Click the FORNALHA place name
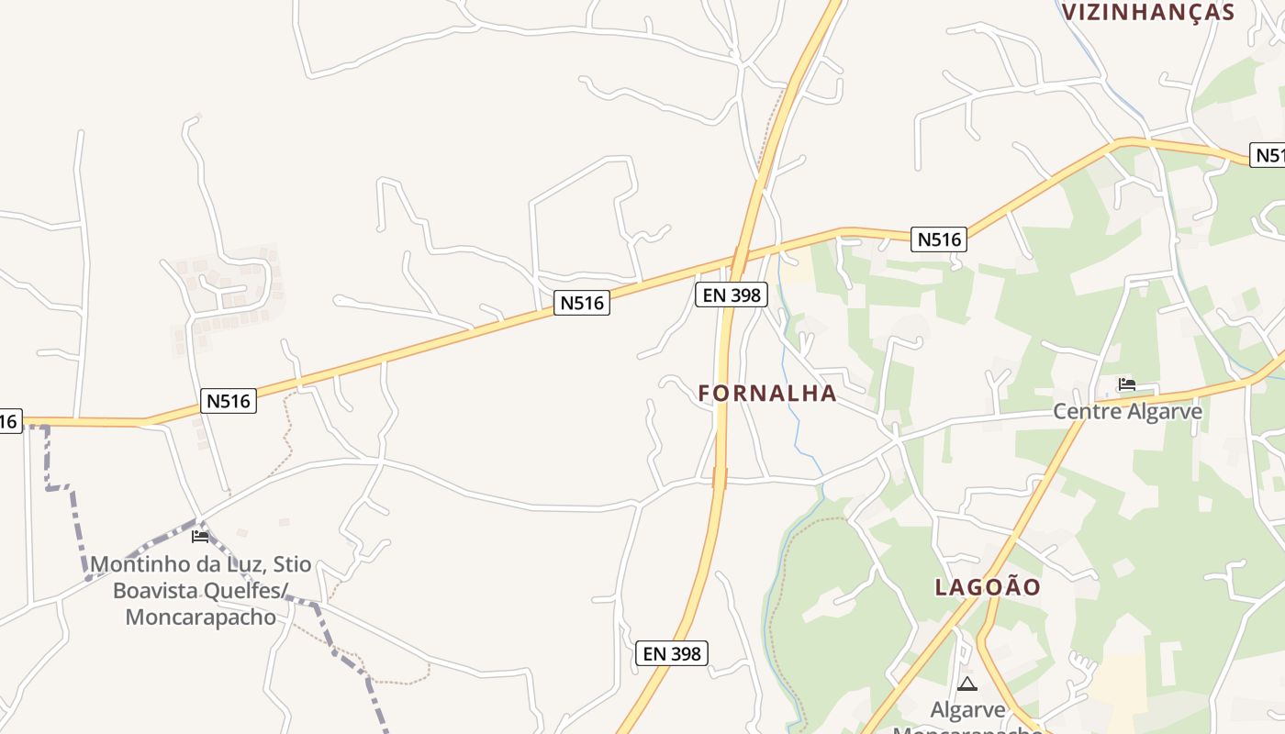(767, 394)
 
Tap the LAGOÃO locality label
(988, 587)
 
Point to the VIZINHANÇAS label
(1147, 12)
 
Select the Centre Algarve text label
(1127, 411)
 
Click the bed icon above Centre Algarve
(1126, 384)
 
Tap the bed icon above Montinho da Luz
(200, 537)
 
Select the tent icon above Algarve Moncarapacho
(967, 684)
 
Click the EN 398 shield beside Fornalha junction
(731, 295)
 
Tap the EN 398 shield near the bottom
(672, 653)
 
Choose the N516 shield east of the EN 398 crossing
(939, 239)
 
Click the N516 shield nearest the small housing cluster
(229, 401)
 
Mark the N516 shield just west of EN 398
(582, 303)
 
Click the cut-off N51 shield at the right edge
(1268, 155)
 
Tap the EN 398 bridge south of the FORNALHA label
(720, 478)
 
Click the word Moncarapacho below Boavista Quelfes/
(200, 617)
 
